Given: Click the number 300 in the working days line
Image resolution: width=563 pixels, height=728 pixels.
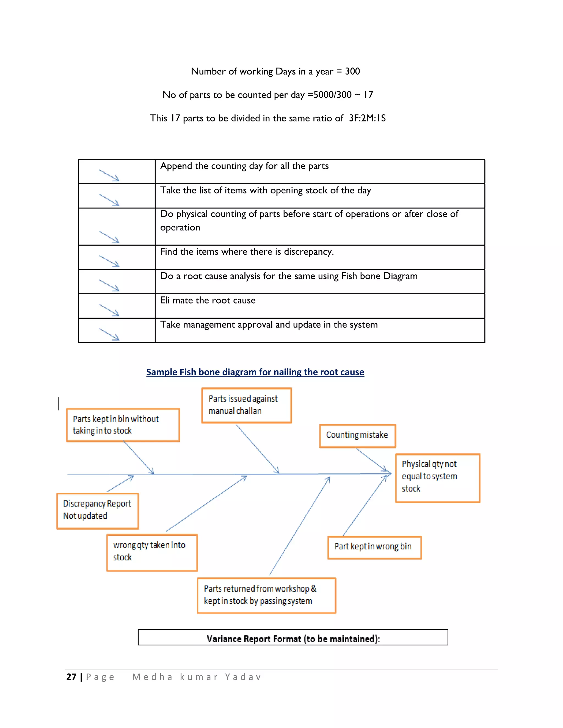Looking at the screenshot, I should pyautogui.click(x=352, y=71).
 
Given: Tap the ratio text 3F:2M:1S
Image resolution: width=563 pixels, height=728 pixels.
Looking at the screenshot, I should pyautogui.click(x=367, y=118).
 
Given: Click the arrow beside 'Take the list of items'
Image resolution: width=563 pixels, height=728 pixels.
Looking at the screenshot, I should pyautogui.click(x=109, y=200).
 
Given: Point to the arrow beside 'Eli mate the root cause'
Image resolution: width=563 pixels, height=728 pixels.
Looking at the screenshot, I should pyautogui.click(x=109, y=310).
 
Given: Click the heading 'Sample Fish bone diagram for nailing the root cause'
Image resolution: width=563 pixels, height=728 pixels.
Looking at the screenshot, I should pyautogui.click(x=255, y=372).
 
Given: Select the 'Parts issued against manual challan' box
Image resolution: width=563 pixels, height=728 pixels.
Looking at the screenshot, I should pyautogui.click(x=247, y=405).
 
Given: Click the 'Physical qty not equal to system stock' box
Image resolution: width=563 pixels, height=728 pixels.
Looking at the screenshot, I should pyautogui.click(x=437, y=478).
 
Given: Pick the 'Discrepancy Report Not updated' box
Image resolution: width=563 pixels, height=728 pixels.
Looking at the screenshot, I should pyautogui.click(x=97, y=511).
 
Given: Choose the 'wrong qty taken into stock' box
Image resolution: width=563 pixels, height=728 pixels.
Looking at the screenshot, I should pyautogui.click(x=152, y=552).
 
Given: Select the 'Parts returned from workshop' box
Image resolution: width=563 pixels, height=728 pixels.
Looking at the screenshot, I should pyautogui.click(x=266, y=595).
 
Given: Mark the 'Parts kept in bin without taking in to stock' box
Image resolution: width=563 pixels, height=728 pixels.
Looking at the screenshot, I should pyautogui.click(x=123, y=425).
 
